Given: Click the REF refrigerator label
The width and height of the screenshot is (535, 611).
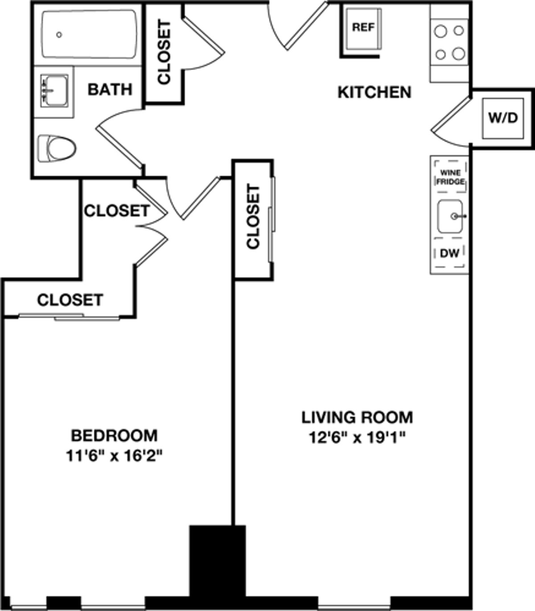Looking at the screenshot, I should coord(363,27).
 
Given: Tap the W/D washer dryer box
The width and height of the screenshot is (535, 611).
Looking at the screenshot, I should coord(502,118).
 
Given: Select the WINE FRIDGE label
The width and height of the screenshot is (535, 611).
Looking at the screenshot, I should coord(450,177).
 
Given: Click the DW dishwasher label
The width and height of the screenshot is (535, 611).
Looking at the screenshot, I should coord(449,253).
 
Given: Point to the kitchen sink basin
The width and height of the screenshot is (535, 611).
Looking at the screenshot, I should coord(450,216).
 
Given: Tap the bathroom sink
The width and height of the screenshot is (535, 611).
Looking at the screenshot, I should coord(54,90).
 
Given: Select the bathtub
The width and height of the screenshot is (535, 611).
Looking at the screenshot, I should coord(89,34).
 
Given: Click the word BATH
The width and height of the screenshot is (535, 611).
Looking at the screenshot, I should coord(110,90).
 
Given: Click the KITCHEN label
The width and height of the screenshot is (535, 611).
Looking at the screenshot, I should coord(374,92).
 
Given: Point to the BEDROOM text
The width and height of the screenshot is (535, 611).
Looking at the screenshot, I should coord(115,435).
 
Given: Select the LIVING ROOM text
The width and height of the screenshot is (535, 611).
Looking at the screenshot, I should coord(357,417).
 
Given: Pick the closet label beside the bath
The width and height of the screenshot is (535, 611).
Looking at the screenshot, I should coord(164,53).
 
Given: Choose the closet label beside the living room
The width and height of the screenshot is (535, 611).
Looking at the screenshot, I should coord(253,217).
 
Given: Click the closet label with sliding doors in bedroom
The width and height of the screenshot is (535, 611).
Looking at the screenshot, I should coord(70,300).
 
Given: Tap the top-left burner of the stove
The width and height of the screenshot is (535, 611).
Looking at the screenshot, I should coord(440,32).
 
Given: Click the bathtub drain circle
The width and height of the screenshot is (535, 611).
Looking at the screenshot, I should coord(59,35).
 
